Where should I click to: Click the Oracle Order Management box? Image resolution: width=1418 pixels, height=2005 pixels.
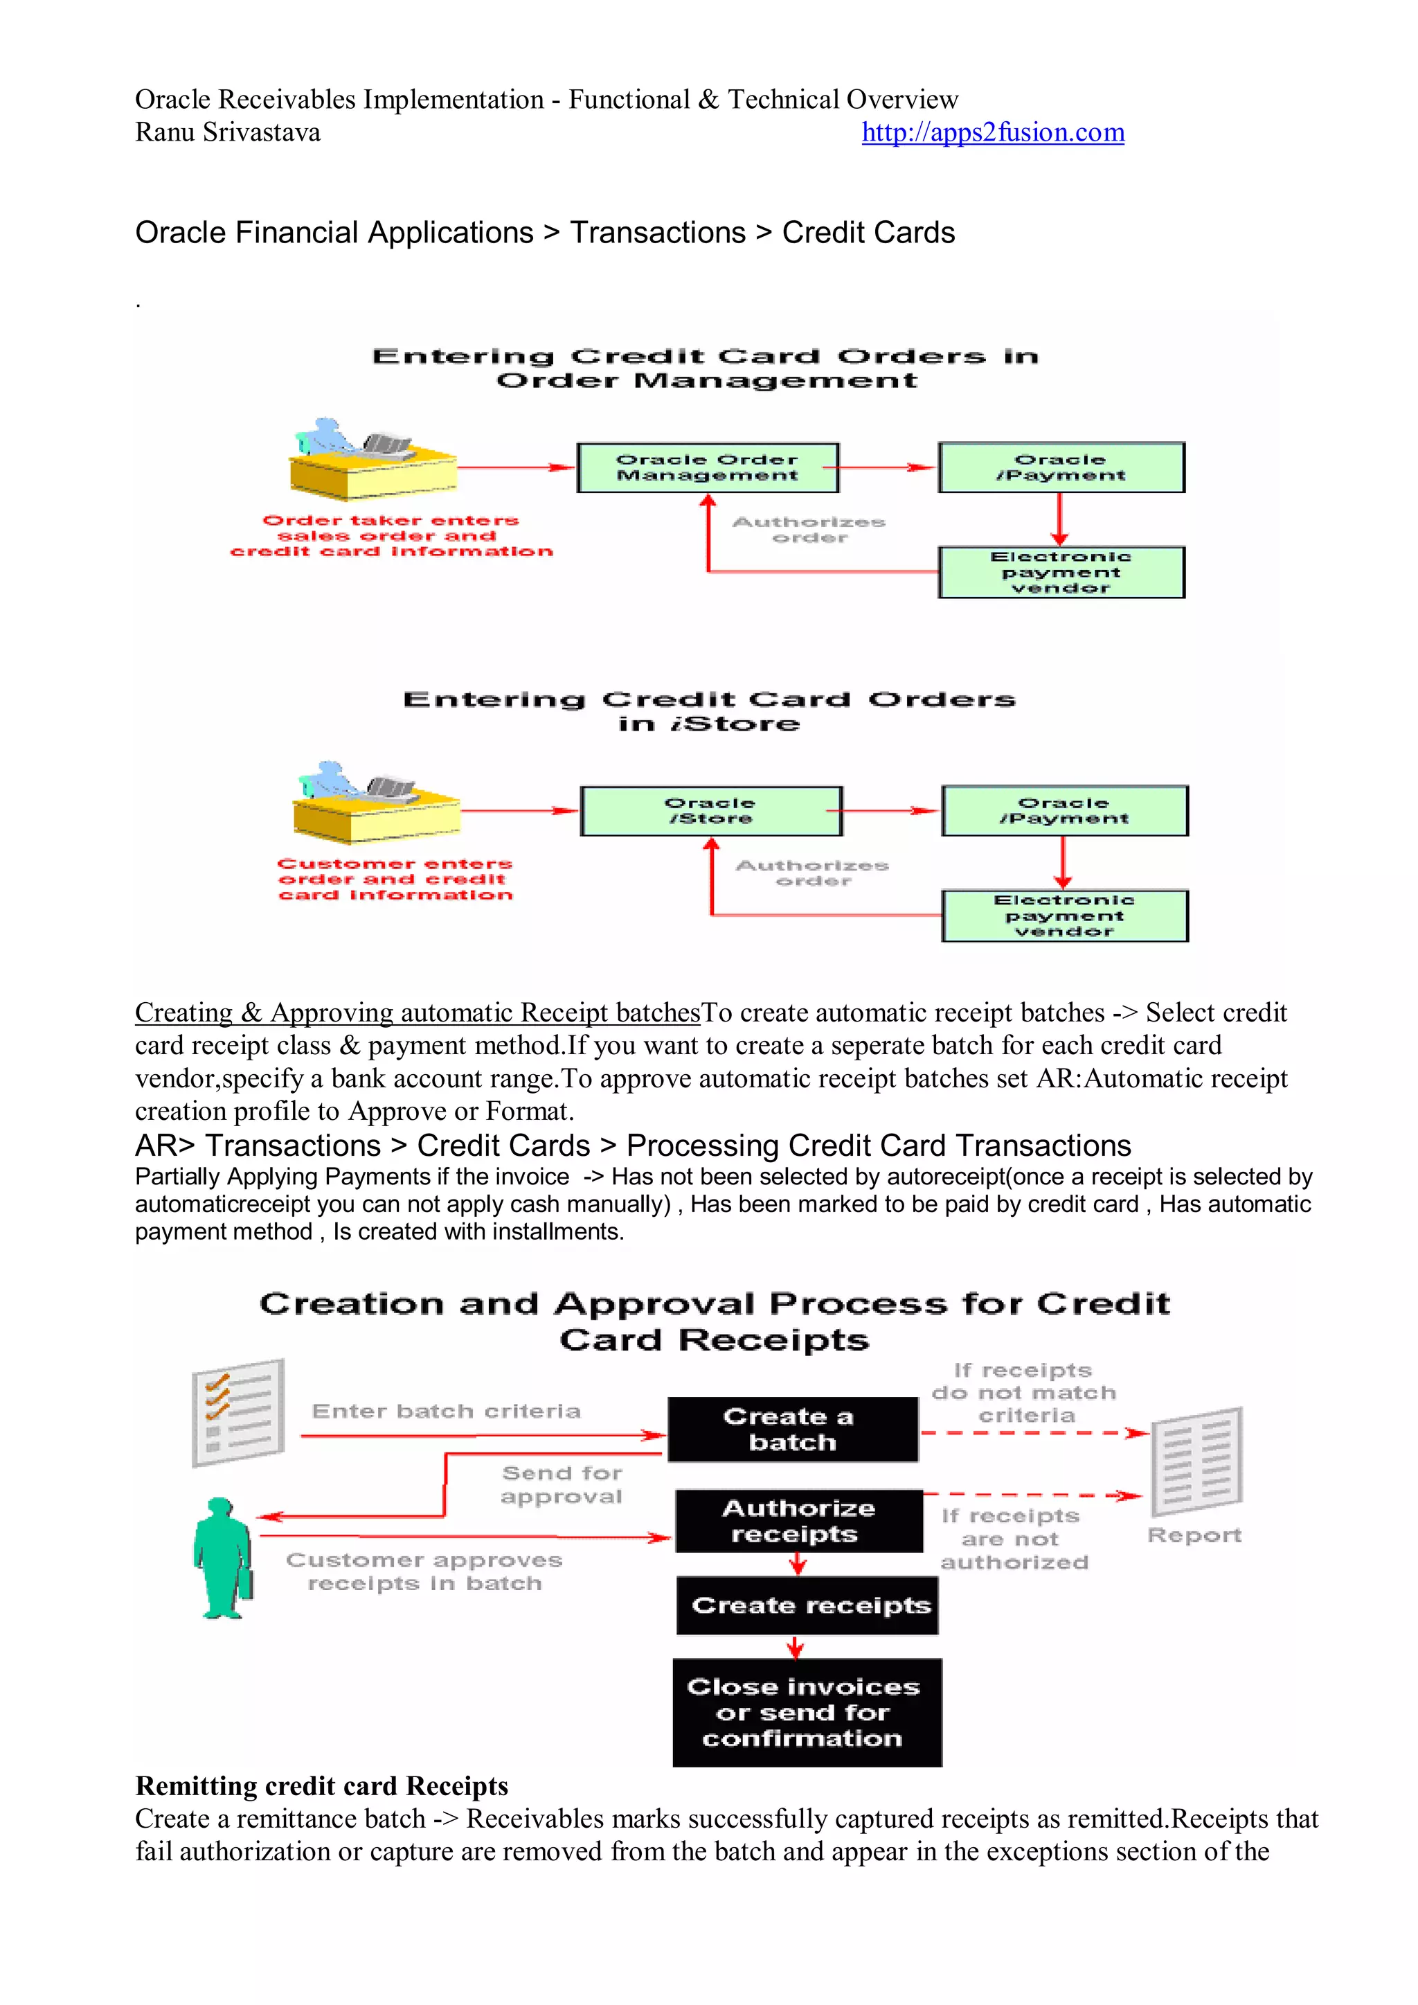tap(707, 467)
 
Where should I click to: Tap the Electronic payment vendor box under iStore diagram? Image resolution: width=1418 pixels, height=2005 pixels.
tap(1064, 915)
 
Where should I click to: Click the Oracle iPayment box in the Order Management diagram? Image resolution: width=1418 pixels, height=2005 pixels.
tap(1061, 467)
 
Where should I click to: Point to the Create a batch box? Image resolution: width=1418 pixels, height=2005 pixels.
tap(792, 1429)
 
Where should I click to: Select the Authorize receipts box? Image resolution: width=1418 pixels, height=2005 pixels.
tap(798, 1520)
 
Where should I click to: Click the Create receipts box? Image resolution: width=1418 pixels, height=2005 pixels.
tap(807, 1605)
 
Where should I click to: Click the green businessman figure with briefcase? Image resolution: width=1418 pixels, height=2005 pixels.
tap(222, 1559)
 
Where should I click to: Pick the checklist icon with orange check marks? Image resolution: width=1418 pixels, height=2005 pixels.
tap(237, 1412)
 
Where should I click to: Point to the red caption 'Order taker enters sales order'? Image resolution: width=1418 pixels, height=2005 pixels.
tap(391, 535)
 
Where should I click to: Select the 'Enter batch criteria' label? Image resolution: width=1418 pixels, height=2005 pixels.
tap(446, 1411)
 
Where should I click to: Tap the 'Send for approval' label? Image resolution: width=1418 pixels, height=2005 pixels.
tap(562, 1485)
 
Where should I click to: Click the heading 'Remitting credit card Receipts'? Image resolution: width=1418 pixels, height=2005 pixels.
tap(321, 1786)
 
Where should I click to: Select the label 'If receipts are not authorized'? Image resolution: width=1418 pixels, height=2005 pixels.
tap(1013, 1539)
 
